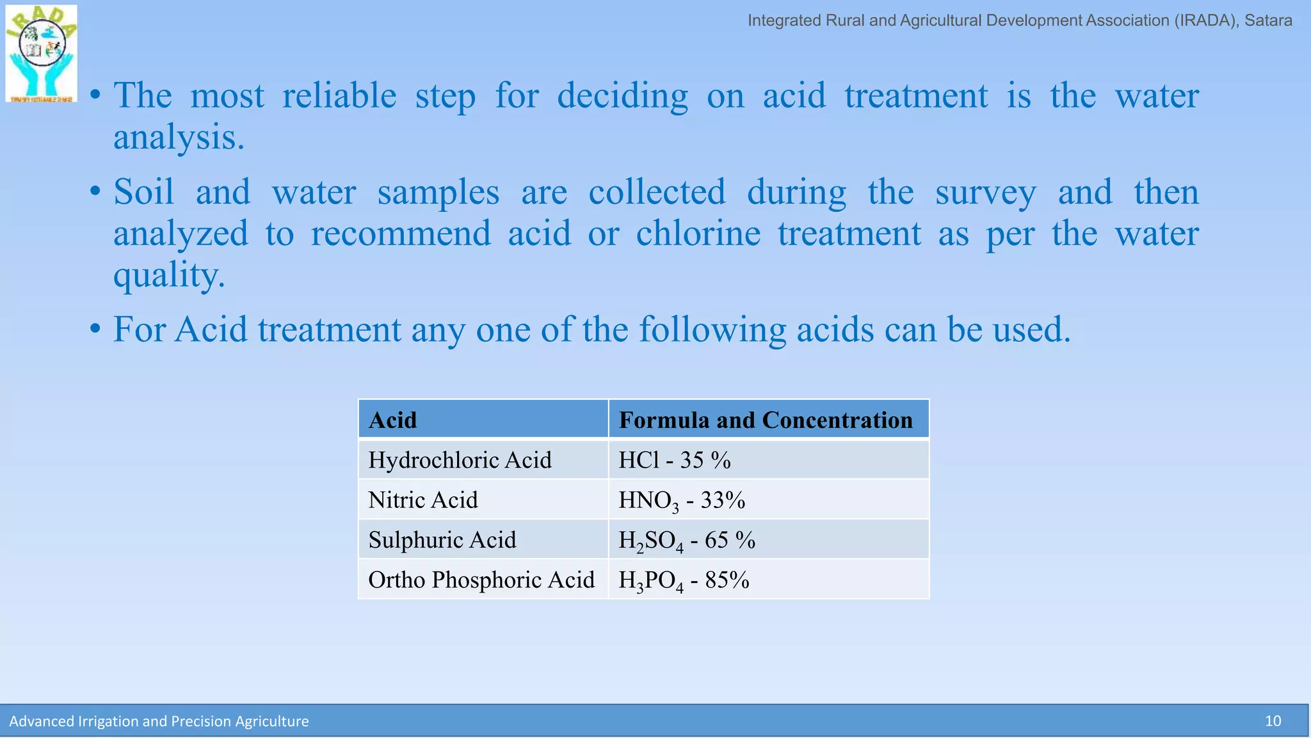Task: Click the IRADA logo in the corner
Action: [x=42, y=54]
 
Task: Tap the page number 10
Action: [x=1273, y=721]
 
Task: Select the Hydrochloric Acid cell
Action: [x=460, y=460]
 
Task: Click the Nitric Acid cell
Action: [x=423, y=500]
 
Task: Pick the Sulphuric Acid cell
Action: [x=442, y=540]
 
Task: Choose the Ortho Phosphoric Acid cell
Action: [x=481, y=580]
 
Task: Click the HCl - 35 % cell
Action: [x=675, y=460]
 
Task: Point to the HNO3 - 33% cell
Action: [x=682, y=500]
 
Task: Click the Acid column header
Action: [x=393, y=420]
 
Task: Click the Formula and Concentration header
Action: [x=766, y=420]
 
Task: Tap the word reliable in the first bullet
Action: [x=339, y=96]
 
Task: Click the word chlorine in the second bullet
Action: [x=698, y=233]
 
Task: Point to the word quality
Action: [x=169, y=275]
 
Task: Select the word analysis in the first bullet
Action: [x=179, y=138]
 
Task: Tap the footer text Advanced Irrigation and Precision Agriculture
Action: [x=159, y=721]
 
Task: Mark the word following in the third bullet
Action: [x=712, y=330]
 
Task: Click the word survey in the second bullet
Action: [x=985, y=192]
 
